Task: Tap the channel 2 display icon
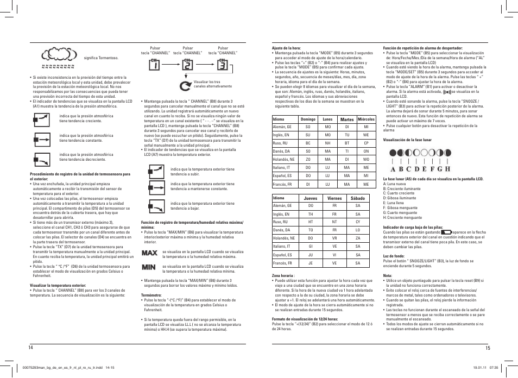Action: click(x=187, y=65)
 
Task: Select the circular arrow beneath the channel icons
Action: click(x=183, y=85)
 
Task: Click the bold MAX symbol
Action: click(x=149, y=254)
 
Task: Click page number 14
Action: click(x=32, y=348)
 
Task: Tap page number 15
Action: click(x=488, y=348)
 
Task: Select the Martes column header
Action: click(x=347, y=119)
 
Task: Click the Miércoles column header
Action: click(x=367, y=119)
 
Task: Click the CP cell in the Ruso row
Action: click(x=367, y=143)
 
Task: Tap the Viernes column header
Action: click(x=334, y=198)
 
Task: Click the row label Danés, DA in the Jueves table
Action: click(x=281, y=230)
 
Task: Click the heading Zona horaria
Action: click(x=283, y=275)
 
